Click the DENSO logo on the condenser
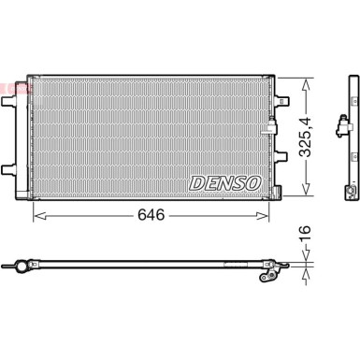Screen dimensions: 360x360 pos(224,183)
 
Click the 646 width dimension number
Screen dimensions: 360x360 pos(151,215)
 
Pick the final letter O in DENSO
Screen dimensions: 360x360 pos(253,183)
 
